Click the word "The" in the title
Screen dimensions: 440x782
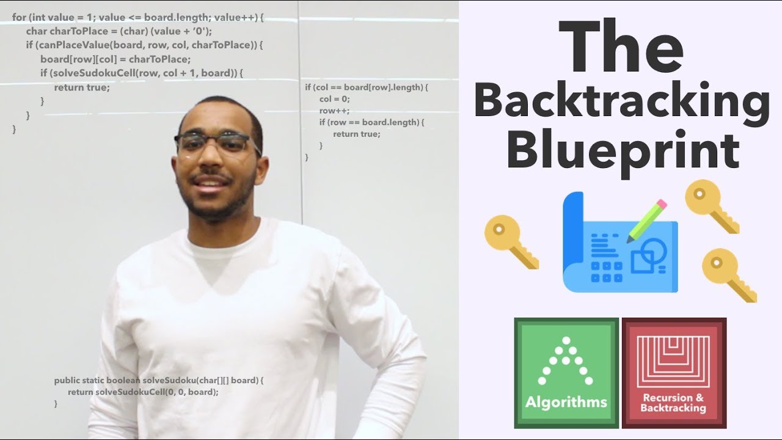[621, 47]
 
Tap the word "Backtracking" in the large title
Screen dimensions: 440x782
[621, 104]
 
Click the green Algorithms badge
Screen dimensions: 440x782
[566, 372]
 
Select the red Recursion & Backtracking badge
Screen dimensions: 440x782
[673, 372]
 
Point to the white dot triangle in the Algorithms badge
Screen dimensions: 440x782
[566, 361]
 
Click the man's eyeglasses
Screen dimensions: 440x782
[218, 144]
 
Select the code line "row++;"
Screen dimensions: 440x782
[331, 111]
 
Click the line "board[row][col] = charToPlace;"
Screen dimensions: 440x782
[115, 59]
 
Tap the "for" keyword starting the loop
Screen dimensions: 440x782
[18, 18]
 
